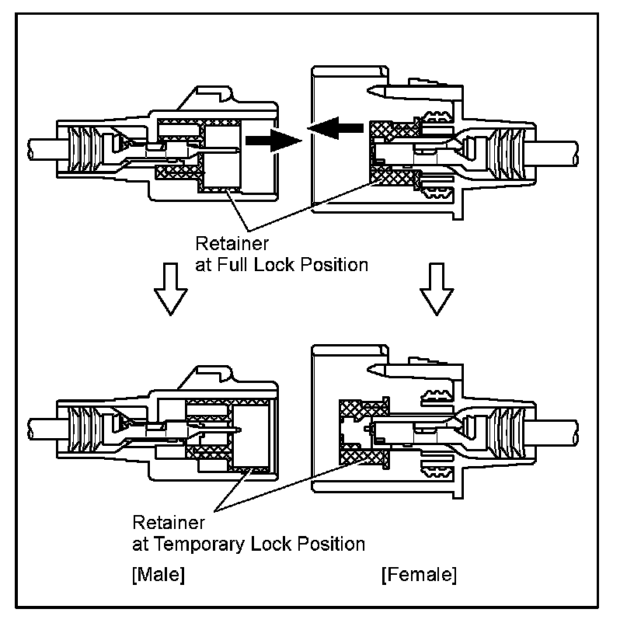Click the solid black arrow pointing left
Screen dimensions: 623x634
(337, 127)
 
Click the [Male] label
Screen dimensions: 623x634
(158, 576)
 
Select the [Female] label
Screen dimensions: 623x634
(419, 576)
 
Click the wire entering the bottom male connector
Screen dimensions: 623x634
(40, 426)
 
